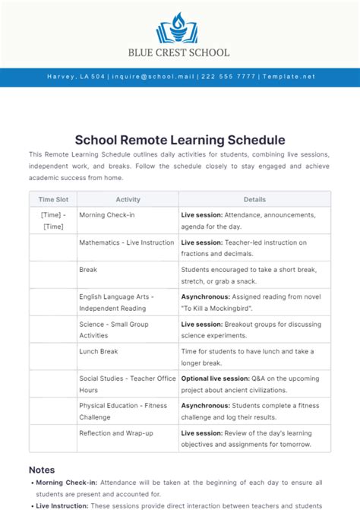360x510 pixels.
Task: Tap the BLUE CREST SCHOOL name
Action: (x=180, y=52)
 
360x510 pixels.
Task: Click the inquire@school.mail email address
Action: (x=155, y=77)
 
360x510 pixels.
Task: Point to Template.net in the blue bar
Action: (x=288, y=77)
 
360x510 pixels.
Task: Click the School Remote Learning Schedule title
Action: (x=180, y=140)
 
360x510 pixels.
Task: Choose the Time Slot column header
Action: (x=52, y=199)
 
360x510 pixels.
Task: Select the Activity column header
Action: (x=128, y=199)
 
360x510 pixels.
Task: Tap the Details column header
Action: (x=254, y=199)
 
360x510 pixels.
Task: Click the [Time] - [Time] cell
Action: (x=52, y=220)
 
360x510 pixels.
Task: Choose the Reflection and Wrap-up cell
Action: (x=115, y=432)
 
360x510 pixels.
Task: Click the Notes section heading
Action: (x=42, y=470)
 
